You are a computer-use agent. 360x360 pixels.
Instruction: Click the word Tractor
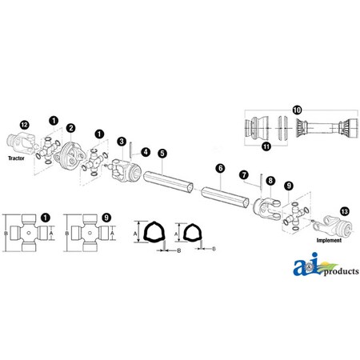coord(16,158)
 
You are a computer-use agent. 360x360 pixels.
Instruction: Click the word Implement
coord(329,240)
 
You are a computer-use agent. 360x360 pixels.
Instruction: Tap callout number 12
coord(24,125)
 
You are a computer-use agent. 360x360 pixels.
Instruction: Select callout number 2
coord(70,128)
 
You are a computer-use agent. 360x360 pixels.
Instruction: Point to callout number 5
coord(162,153)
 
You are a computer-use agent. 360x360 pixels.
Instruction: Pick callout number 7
coord(244,175)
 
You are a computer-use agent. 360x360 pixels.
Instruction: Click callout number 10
coord(297,110)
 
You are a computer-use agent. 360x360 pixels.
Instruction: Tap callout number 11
coord(266,146)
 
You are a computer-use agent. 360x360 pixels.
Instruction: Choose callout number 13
coord(345,211)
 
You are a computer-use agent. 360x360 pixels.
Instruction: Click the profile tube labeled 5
coord(168,182)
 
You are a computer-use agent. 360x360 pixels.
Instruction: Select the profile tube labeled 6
coord(226,197)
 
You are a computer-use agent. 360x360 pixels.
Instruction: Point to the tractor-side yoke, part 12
coord(21,142)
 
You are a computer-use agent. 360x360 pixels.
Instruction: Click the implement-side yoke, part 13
coord(333,226)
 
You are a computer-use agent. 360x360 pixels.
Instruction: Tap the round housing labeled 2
coord(70,155)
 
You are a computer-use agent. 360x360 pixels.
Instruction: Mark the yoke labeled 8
coord(267,209)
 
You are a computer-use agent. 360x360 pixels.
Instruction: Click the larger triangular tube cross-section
coord(154,231)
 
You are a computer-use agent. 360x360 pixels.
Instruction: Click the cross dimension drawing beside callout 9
coord(90,233)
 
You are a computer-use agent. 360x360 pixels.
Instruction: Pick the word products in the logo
coord(342,271)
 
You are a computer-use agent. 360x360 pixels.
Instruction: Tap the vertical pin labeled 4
coord(130,150)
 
